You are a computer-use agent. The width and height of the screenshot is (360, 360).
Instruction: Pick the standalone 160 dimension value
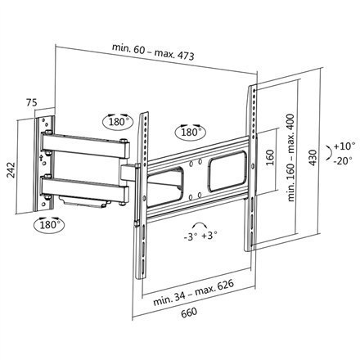click(268, 155)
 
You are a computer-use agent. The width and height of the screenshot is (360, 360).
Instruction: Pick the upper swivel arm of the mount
click(82, 146)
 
